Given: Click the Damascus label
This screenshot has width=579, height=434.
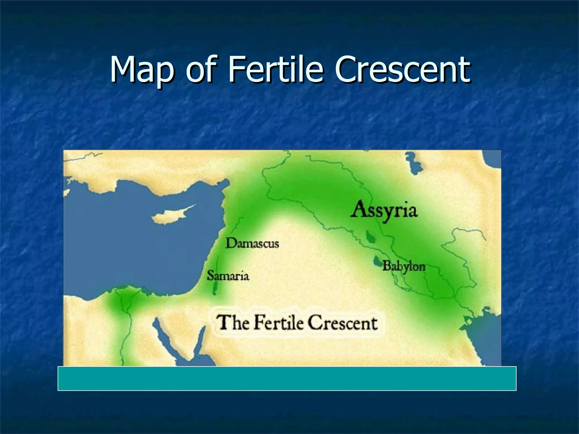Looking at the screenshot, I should coord(252,243).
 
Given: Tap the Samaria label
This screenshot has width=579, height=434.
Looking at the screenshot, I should coord(228,275).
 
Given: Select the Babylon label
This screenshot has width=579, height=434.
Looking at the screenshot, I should coord(404,266).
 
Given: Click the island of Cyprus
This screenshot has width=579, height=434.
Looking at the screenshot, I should coord(170,216).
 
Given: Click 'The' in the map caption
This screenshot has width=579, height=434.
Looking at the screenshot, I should coord(232,322).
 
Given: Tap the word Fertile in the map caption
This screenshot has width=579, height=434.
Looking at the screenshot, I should coord(278,322).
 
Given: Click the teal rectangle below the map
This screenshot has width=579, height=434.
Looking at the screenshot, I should coord(287,379).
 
